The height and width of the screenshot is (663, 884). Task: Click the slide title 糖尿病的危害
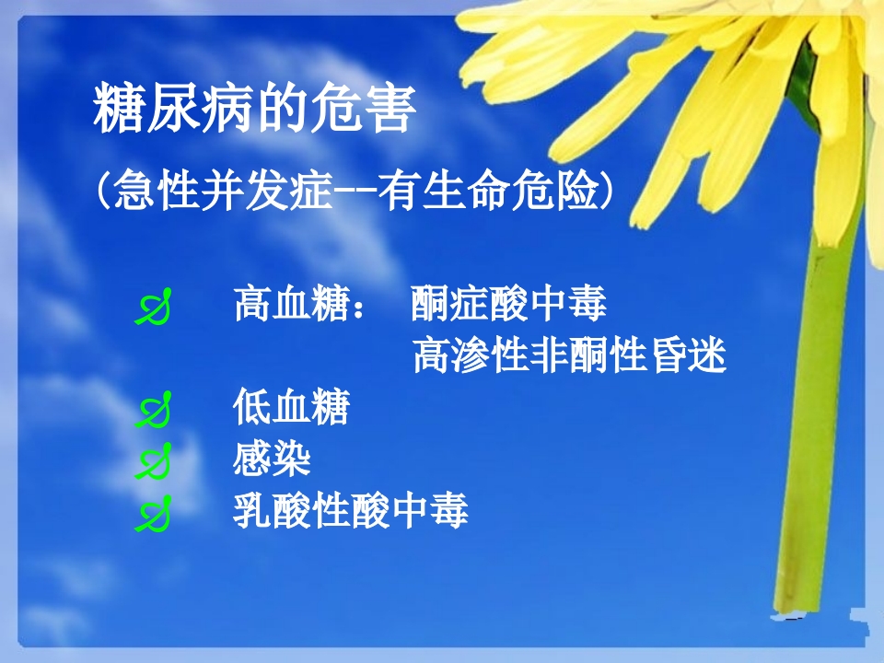click(255, 113)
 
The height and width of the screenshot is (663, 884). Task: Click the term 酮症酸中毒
click(508, 304)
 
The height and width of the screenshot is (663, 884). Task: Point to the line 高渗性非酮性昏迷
click(569, 355)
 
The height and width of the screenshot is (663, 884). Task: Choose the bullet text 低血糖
click(291, 407)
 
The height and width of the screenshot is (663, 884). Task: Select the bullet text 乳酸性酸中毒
click(350, 510)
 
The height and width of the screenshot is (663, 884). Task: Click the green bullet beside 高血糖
click(155, 308)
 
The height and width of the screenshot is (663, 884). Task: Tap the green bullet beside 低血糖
click(155, 412)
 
